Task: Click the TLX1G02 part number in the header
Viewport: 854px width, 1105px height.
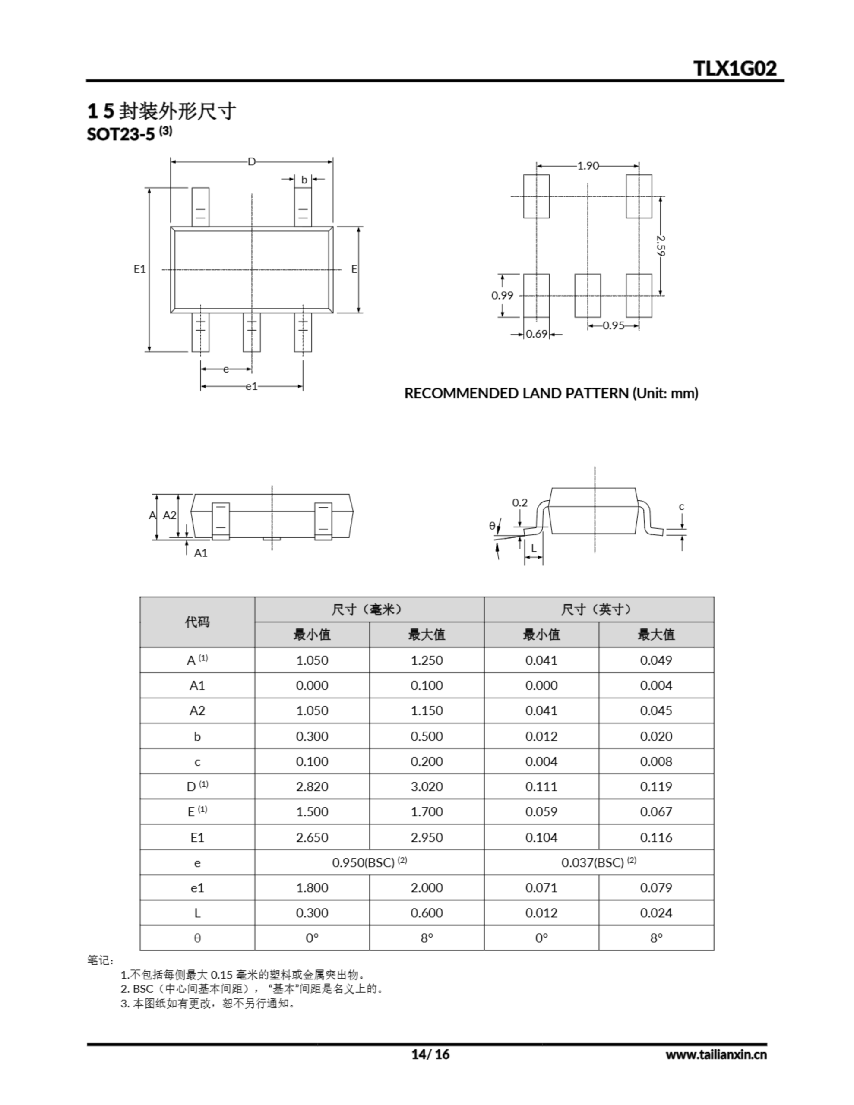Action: pyautogui.click(x=734, y=68)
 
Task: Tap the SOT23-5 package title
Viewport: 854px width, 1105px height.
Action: pyautogui.click(x=120, y=134)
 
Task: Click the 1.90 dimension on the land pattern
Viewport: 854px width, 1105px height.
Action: pyautogui.click(x=588, y=165)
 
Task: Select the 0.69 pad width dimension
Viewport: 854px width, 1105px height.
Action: pyautogui.click(x=537, y=334)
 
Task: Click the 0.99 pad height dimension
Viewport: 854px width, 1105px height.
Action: pyautogui.click(x=502, y=296)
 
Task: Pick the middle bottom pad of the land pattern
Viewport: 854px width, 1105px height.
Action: pyautogui.click(x=588, y=296)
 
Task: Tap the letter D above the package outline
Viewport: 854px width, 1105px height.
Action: pyautogui.click(x=252, y=162)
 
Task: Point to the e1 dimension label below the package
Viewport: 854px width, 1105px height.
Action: pyautogui.click(x=252, y=387)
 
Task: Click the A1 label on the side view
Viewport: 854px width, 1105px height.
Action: pyautogui.click(x=201, y=553)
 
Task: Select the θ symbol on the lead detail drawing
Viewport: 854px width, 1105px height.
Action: pyautogui.click(x=492, y=526)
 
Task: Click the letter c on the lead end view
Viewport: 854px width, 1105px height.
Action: pyautogui.click(x=681, y=506)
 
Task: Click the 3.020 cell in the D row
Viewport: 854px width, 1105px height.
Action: pyautogui.click(x=426, y=787)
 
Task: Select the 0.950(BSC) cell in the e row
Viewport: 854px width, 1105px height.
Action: pyautogui.click(x=369, y=863)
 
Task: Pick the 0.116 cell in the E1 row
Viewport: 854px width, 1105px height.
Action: pyautogui.click(x=656, y=837)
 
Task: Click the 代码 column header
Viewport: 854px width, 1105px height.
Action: pyautogui.click(x=197, y=622)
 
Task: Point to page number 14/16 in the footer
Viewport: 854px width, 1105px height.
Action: pyautogui.click(x=430, y=1054)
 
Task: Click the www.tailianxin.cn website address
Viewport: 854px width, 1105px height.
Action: pyautogui.click(x=716, y=1054)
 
